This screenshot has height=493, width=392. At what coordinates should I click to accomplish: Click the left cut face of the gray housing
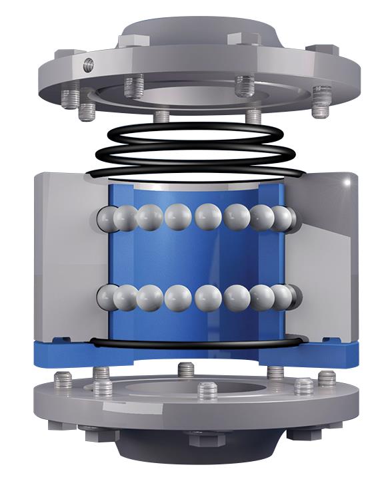(70, 259)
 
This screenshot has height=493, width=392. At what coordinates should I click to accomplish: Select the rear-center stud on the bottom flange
(187, 369)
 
